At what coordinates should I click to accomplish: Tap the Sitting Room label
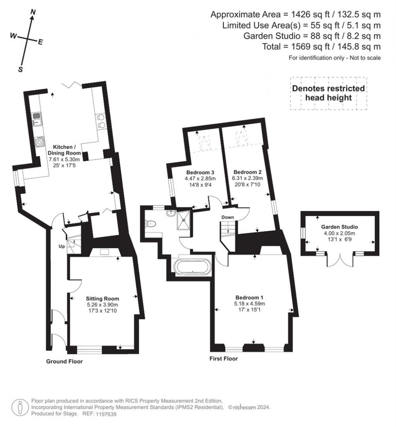click(103, 299)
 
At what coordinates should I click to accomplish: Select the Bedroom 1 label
click(249, 297)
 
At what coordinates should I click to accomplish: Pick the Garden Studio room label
click(339, 227)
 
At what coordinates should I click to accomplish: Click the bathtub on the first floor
click(193, 267)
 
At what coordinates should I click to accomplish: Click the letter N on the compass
click(33, 12)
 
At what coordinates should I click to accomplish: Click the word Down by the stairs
click(227, 217)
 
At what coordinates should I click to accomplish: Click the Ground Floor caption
click(65, 362)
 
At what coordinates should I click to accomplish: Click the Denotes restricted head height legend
click(328, 93)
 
